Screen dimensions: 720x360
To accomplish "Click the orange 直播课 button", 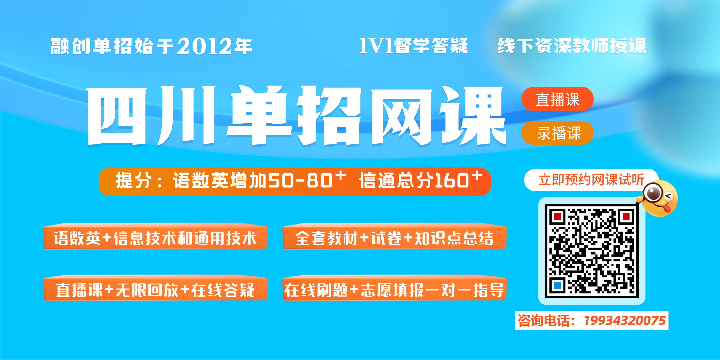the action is click(557, 99).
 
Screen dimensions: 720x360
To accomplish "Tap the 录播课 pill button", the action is click(557, 133).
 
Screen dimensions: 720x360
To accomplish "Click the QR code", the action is click(592, 251).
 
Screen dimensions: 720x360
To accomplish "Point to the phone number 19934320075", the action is click(624, 321).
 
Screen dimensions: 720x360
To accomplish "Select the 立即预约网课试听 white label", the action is click(591, 180).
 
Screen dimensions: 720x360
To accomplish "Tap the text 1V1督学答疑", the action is click(413, 46).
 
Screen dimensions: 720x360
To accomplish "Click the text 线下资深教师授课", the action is click(572, 46).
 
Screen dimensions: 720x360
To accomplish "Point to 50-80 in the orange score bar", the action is click(300, 181).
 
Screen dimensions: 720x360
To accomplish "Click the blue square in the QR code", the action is click(557, 285).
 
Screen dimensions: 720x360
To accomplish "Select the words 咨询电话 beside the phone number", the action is click(544, 321).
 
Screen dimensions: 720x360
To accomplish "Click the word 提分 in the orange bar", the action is click(134, 181).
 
